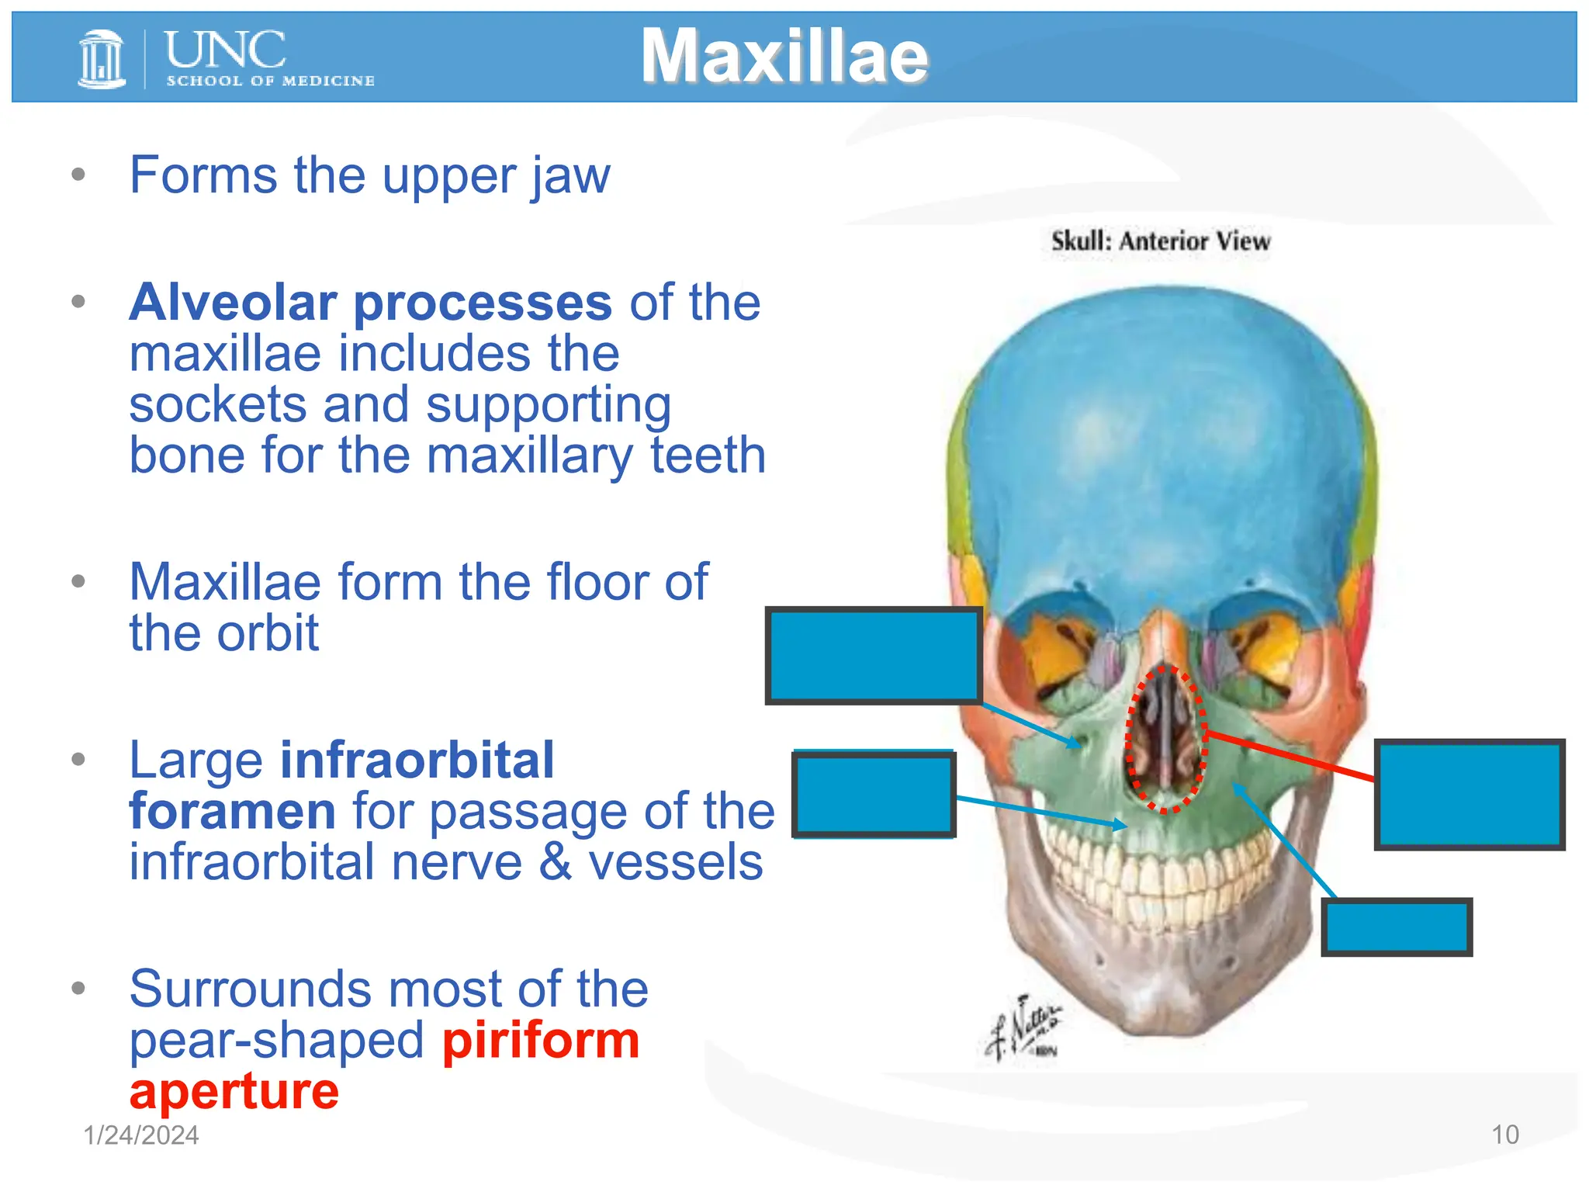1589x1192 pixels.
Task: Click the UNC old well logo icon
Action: tap(102, 58)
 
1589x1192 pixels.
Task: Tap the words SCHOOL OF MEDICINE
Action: tap(270, 81)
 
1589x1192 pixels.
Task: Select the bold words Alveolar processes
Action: tap(371, 302)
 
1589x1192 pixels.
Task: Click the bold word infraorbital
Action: tap(417, 760)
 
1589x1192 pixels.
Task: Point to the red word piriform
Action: tap(541, 1041)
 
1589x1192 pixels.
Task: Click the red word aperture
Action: tap(234, 1091)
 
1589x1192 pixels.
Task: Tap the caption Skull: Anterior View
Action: tap(1160, 241)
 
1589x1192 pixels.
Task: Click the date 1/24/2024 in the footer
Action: tap(141, 1135)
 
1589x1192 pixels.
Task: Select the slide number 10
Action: tap(1504, 1135)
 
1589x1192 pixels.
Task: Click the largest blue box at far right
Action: tap(1469, 794)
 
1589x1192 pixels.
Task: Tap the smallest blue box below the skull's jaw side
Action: tap(1396, 927)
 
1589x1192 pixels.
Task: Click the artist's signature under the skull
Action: tap(1024, 1027)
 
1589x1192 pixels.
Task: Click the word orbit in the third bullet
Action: tap(268, 633)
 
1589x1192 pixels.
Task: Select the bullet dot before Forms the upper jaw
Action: tap(78, 175)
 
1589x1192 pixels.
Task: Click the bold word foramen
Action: tap(232, 811)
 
